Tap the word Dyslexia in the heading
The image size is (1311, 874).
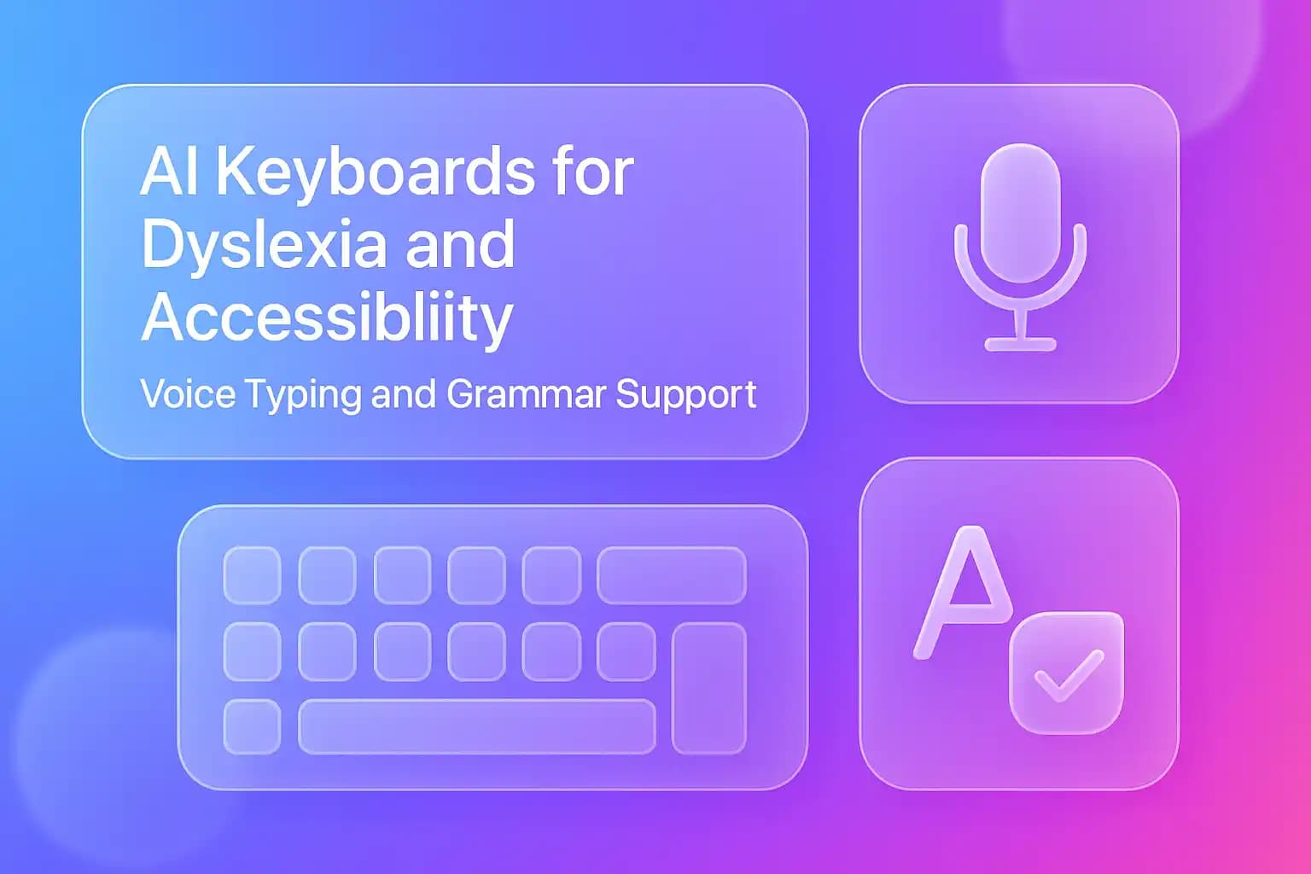click(x=260, y=246)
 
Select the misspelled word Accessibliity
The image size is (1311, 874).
click(x=327, y=318)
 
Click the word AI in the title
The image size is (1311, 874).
click(x=170, y=172)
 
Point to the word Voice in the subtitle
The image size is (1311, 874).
click(x=187, y=394)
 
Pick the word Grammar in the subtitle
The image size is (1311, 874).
click(x=526, y=394)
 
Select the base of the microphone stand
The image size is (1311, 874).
click(x=1020, y=345)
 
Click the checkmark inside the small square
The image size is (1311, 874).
click(x=1068, y=674)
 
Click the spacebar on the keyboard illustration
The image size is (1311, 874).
click(x=476, y=726)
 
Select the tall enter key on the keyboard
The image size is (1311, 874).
click(x=708, y=688)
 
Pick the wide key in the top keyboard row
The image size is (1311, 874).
click(x=671, y=575)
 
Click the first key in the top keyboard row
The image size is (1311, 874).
click(x=252, y=575)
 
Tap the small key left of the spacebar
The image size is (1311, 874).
click(x=252, y=726)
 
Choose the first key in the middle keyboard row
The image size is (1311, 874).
click(x=252, y=651)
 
